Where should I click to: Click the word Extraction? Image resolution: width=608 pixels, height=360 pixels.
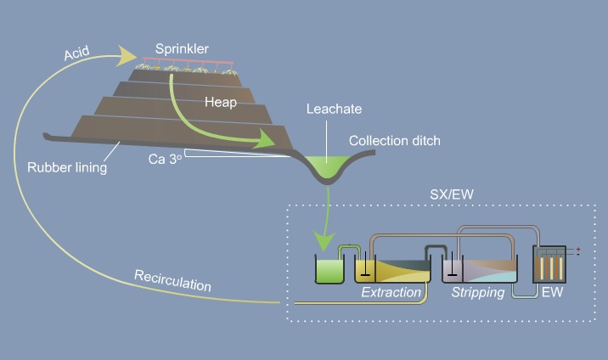click(391, 292)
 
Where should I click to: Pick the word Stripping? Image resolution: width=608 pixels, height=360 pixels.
click(479, 292)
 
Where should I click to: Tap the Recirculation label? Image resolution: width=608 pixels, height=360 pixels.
click(172, 281)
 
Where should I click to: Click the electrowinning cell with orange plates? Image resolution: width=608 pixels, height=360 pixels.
click(549, 265)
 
